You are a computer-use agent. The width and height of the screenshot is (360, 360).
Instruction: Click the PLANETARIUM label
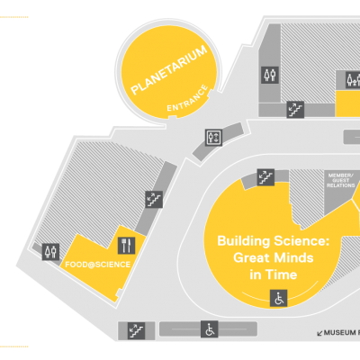(x=169, y=69)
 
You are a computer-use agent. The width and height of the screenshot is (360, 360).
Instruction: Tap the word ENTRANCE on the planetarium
(x=187, y=98)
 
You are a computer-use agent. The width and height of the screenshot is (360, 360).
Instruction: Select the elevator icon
(x=213, y=138)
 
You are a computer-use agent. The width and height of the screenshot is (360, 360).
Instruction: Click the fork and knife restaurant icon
(x=126, y=246)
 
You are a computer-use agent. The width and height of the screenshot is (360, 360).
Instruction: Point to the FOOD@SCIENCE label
(x=98, y=265)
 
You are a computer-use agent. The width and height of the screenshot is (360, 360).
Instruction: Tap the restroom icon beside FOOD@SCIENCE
(x=50, y=252)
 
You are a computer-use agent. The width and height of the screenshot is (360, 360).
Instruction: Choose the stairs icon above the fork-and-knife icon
(x=154, y=199)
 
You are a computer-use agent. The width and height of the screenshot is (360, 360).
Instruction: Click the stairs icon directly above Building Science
(x=265, y=177)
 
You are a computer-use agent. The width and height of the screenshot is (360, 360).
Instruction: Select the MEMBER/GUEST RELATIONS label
(x=341, y=180)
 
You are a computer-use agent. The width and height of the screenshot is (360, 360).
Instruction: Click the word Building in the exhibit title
(x=239, y=241)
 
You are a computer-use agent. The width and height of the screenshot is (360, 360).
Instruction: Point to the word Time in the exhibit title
(x=282, y=274)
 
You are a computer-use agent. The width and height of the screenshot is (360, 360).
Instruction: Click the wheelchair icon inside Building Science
(x=279, y=298)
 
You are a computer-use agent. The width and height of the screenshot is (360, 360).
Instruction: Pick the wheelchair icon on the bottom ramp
(x=210, y=329)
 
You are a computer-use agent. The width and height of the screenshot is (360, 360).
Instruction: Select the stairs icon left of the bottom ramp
(x=137, y=331)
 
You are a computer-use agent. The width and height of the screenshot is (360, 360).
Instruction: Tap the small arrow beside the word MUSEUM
(x=319, y=333)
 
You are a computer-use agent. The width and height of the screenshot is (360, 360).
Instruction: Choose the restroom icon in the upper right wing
(x=270, y=75)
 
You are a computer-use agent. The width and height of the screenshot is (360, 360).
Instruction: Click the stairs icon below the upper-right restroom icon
(x=295, y=110)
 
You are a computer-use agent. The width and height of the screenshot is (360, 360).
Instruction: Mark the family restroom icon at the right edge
(x=354, y=80)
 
